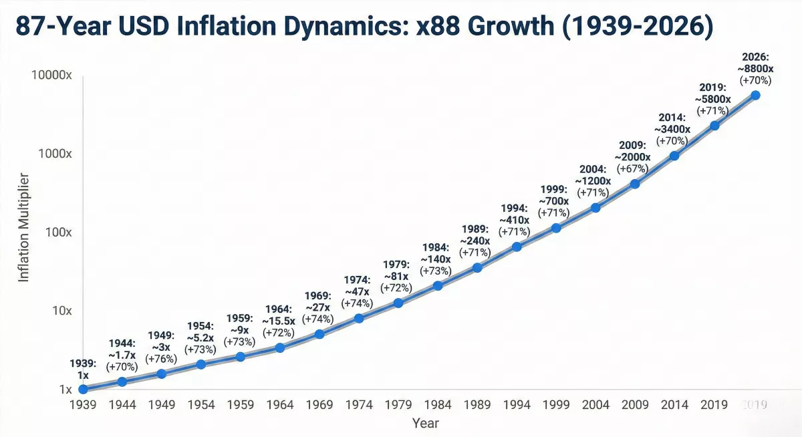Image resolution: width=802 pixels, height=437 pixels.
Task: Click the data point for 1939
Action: click(83, 389)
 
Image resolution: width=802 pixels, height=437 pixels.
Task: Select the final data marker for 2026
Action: click(755, 95)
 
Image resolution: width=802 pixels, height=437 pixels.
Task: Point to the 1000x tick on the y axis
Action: click(55, 154)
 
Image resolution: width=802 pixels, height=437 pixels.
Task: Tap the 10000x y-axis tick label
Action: click(51, 75)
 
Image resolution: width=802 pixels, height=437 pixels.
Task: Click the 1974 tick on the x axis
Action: click(359, 405)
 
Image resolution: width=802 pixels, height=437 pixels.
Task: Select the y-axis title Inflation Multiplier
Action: click(23, 228)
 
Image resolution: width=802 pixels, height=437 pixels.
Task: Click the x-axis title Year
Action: click(425, 423)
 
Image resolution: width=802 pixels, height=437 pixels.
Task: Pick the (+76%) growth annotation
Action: click(161, 359)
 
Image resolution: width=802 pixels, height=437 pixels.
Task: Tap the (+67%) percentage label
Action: click(633, 168)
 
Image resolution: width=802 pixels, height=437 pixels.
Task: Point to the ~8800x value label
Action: click(755, 68)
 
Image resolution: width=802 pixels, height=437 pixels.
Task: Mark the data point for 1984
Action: click(438, 285)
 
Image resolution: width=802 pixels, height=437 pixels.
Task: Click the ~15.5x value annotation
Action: click(279, 321)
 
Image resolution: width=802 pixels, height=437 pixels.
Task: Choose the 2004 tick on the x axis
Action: click(595, 405)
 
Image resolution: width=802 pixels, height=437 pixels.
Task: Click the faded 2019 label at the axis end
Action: click(755, 405)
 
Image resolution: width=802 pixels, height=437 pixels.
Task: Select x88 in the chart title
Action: click(438, 26)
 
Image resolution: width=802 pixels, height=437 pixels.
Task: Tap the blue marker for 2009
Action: click(635, 184)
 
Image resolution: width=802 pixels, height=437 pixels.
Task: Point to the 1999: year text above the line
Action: click(554, 189)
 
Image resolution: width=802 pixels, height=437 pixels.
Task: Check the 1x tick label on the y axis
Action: click(65, 390)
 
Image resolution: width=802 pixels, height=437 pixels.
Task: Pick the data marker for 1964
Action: click(280, 347)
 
